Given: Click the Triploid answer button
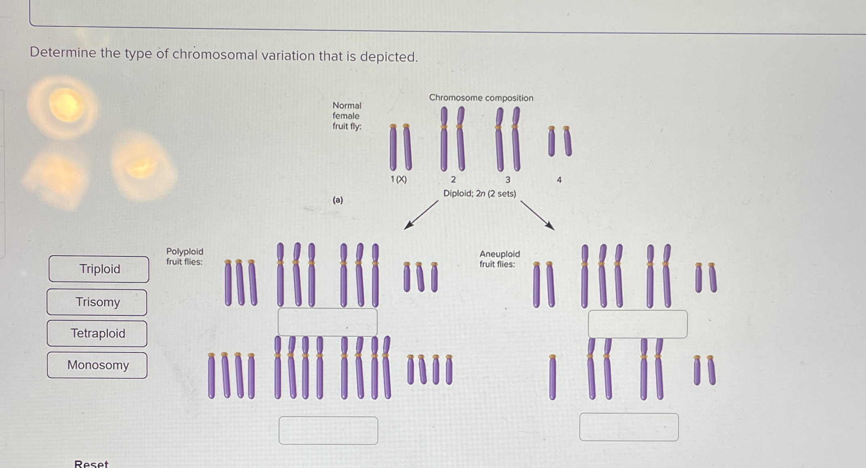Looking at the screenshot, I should coord(99,269).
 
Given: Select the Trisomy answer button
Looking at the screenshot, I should coord(97,302).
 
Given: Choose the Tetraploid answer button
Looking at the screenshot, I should coord(97,334).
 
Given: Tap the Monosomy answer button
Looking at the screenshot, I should coord(97,365).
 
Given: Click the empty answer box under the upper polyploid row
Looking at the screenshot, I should coord(327,322).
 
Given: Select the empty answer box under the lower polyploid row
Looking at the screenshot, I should coord(328,430).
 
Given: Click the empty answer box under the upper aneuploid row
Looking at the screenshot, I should coord(637,324).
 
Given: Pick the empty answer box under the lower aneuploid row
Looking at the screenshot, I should coord(629,427).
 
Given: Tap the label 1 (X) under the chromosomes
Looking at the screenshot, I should coord(398,179).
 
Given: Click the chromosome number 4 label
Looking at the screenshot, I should coord(559,180).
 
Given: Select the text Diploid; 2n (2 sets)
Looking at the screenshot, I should coord(480,193).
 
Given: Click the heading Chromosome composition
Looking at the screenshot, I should coord(481,98).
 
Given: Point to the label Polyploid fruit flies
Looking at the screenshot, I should coord(185,256).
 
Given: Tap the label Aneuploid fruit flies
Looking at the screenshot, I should coord(499,259).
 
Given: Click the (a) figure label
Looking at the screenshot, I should coord(338,200).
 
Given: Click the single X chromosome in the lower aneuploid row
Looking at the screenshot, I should coord(552,377).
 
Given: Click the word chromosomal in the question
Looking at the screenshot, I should coord(215,55).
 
